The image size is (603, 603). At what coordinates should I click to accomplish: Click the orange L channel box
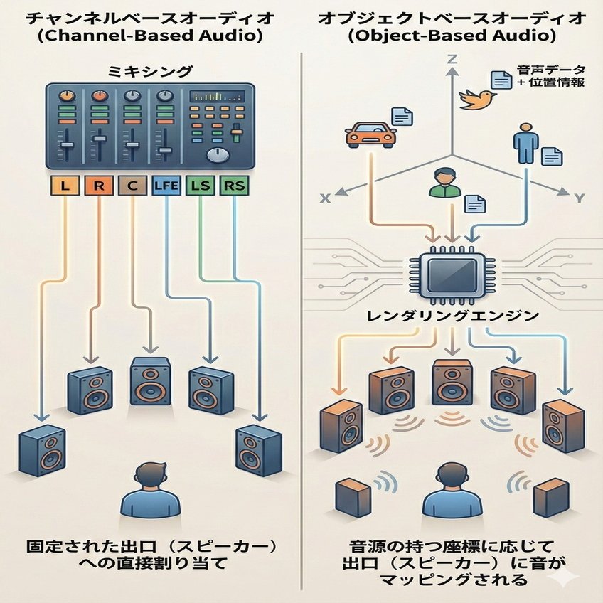(x=65, y=187)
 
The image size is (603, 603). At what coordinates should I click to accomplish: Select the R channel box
(x=99, y=187)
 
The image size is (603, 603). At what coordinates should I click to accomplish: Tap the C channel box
(x=132, y=187)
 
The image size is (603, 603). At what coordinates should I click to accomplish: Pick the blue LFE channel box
(x=166, y=187)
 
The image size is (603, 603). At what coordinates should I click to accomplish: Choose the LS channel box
(x=200, y=187)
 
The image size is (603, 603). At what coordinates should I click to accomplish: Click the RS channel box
(x=233, y=187)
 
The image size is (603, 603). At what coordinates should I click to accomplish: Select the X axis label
(x=326, y=199)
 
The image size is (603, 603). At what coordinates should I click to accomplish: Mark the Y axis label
(x=578, y=199)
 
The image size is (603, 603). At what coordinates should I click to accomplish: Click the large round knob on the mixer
(x=215, y=155)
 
